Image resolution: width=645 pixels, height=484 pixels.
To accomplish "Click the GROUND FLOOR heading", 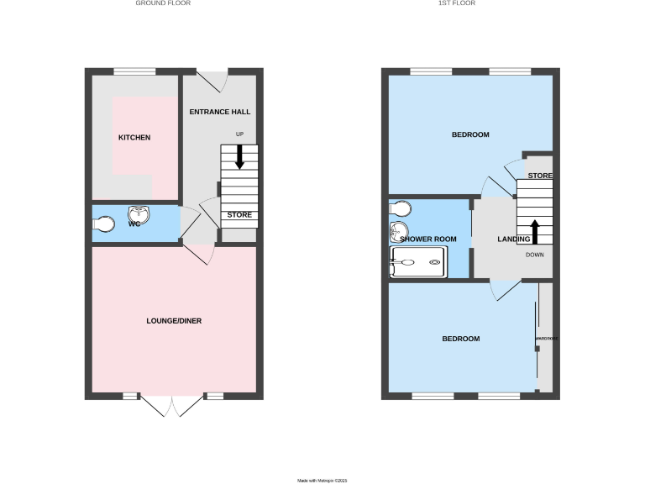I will (x=163, y=3).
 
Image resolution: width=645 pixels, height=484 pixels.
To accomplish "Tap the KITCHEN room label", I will (x=134, y=137).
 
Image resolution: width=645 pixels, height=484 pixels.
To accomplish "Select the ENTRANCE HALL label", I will (x=220, y=112).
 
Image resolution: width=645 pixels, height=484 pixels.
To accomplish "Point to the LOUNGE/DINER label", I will (x=174, y=320).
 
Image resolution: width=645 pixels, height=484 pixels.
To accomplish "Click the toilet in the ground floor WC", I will (x=104, y=224).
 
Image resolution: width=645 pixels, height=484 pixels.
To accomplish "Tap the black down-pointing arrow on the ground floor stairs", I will (x=239, y=156).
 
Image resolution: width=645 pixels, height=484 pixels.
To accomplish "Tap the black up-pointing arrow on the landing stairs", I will (x=534, y=230).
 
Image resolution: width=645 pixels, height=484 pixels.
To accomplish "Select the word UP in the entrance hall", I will (x=239, y=134).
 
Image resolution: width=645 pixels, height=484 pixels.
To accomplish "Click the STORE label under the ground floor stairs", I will (x=240, y=215).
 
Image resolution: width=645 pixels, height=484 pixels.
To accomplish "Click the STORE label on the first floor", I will (x=540, y=176).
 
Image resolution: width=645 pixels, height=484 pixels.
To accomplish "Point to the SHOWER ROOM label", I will (x=428, y=239).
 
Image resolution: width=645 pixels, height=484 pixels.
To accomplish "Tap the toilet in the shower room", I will (x=401, y=208).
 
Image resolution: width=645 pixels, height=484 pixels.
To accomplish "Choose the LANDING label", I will (x=514, y=239).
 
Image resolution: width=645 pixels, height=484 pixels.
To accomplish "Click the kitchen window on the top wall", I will (x=134, y=71).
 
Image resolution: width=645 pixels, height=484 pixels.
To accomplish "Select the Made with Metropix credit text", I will (x=322, y=481).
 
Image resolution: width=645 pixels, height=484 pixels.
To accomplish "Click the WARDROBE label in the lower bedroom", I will (x=547, y=339).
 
